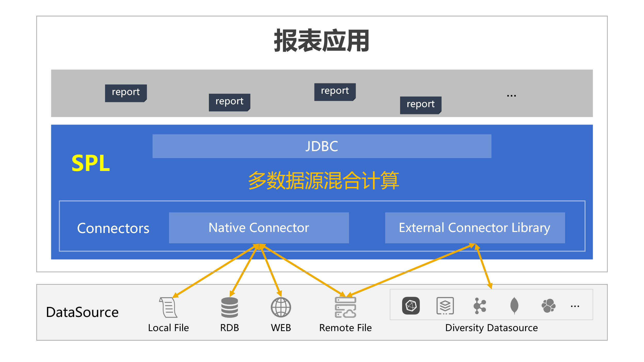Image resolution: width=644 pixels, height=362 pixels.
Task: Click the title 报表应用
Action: coord(321,41)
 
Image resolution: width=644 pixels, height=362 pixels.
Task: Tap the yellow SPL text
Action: coord(91,163)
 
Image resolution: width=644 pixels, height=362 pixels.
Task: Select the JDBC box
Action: coord(322,146)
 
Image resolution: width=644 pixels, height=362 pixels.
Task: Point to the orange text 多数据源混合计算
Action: coord(324,180)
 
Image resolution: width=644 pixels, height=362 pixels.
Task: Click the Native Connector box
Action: coord(259,228)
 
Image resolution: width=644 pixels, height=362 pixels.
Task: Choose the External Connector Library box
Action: coord(475,228)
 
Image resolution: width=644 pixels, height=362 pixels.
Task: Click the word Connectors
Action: coord(113,228)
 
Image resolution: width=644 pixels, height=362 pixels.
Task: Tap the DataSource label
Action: coord(82,312)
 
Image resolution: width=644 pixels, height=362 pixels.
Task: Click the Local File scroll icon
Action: coord(168,307)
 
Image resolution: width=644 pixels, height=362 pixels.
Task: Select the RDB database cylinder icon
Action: coord(230,307)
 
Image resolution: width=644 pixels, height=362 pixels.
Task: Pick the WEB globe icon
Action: coord(281,307)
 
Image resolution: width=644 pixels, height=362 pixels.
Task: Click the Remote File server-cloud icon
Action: coord(345,307)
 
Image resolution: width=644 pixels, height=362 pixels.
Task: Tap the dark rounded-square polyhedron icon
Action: coord(411,306)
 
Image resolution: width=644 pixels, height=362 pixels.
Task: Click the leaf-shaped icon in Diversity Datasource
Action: coord(514,306)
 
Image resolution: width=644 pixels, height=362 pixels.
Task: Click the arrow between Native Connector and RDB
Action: coord(244,271)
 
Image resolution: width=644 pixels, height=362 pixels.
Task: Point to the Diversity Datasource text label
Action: coord(492,328)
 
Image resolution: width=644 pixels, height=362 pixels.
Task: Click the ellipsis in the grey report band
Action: coord(511,96)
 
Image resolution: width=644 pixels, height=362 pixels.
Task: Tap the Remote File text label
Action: coord(345,328)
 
